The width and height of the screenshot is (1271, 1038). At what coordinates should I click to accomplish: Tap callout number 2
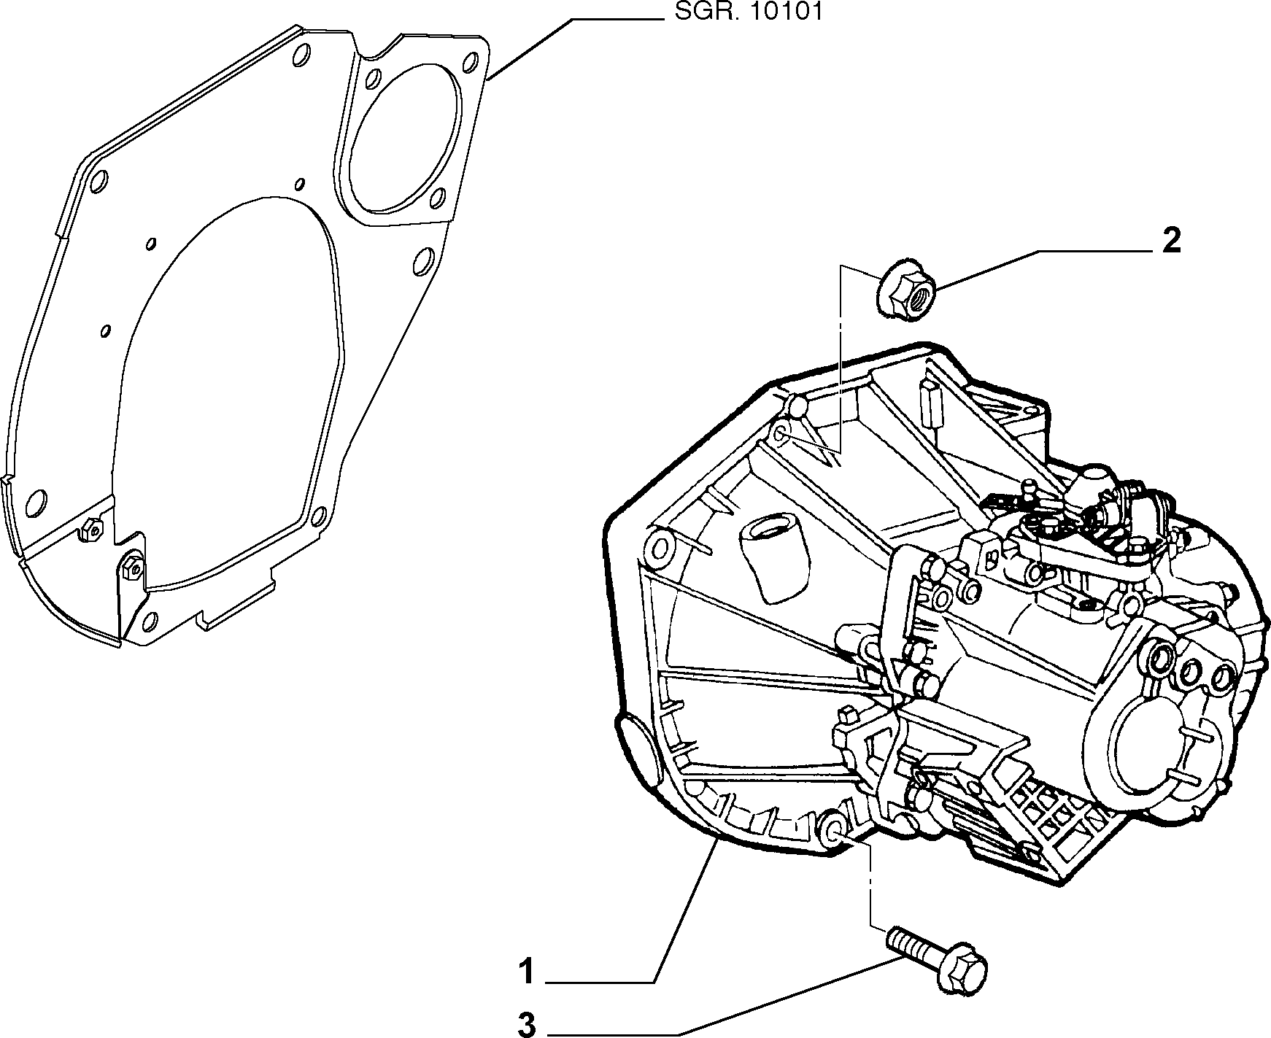click(1170, 241)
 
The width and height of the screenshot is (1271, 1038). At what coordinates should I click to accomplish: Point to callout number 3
click(526, 1023)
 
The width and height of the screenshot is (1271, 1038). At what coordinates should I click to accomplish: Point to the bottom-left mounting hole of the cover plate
click(35, 502)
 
